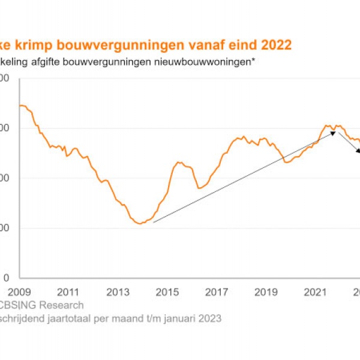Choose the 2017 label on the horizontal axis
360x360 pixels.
click(x=217, y=292)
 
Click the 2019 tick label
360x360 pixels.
click(x=266, y=292)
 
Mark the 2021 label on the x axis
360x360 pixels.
click(x=316, y=292)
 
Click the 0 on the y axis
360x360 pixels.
click(x=6, y=278)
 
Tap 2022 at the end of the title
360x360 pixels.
click(x=277, y=46)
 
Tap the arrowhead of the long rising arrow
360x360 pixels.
click(x=334, y=133)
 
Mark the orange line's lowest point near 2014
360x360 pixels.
click(x=140, y=224)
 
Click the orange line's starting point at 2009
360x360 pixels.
click(x=20, y=106)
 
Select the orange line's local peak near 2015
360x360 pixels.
click(x=179, y=162)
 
